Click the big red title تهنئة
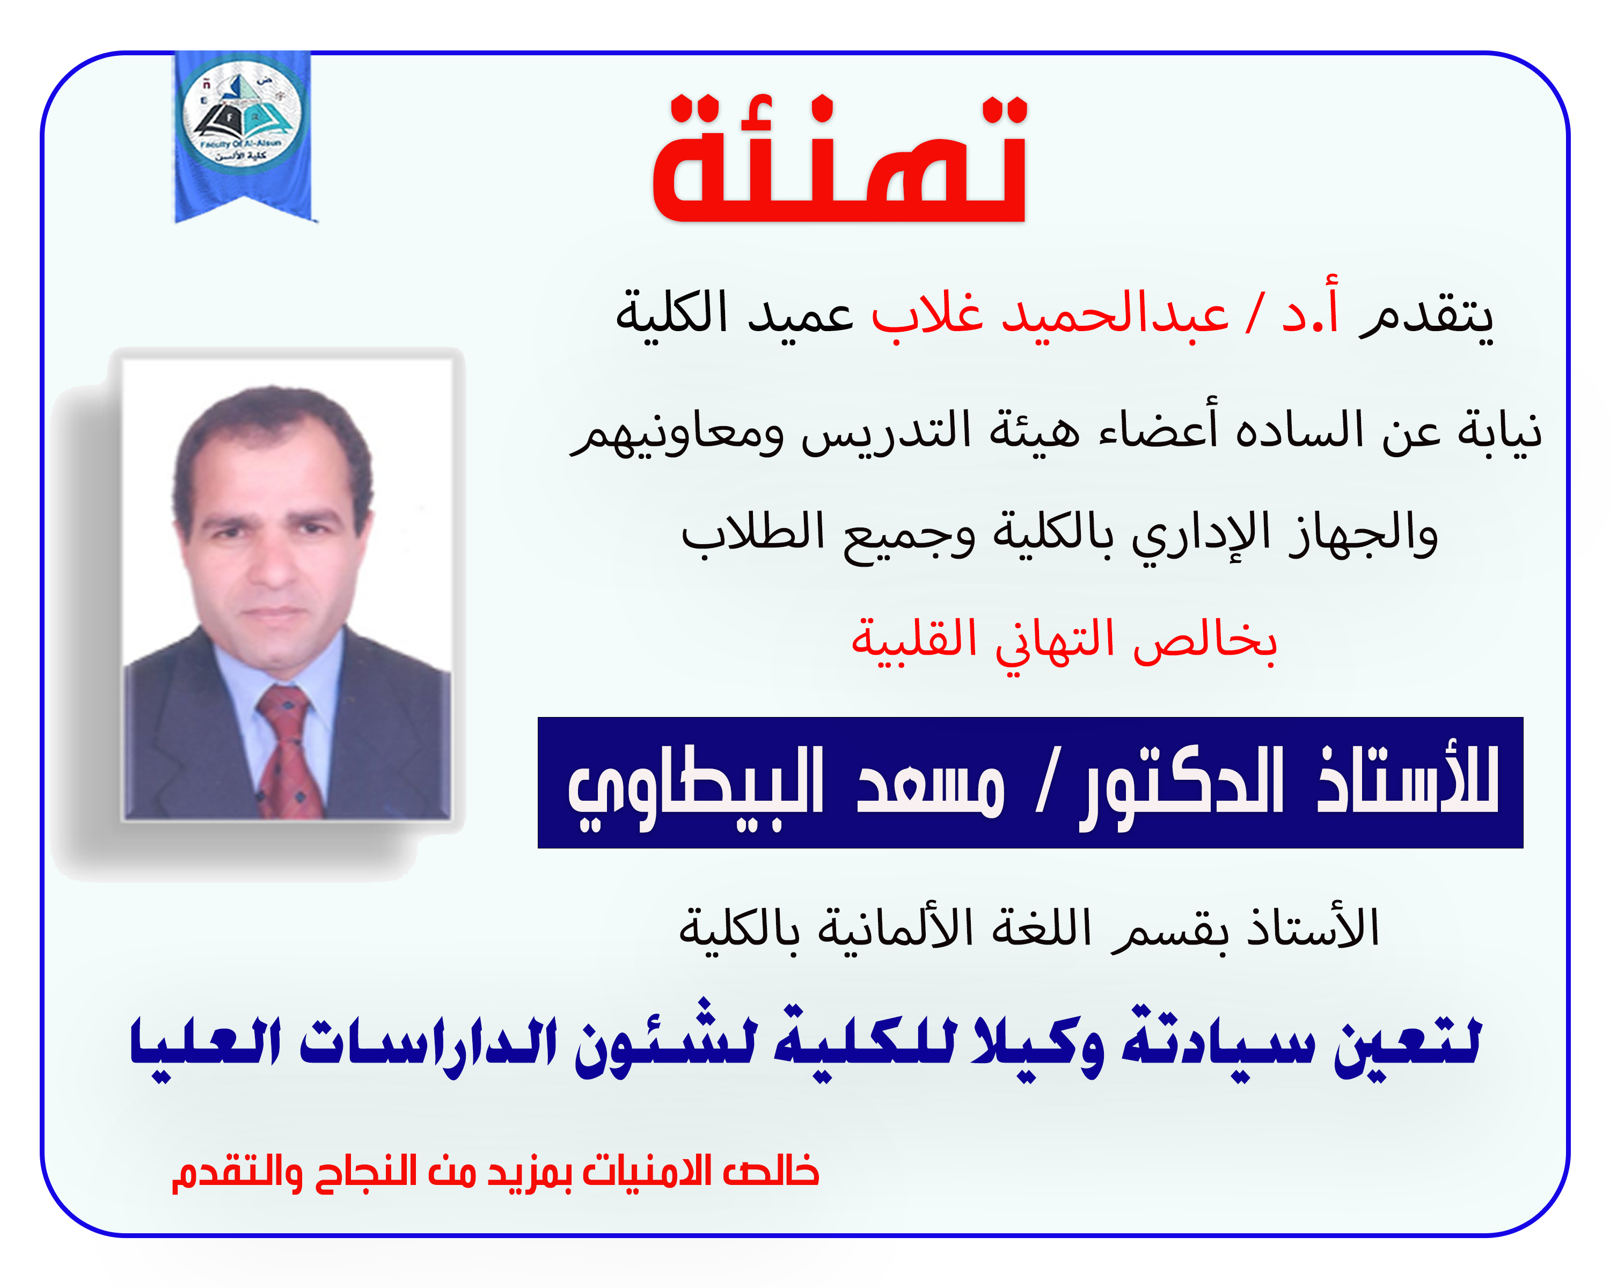click(x=840, y=160)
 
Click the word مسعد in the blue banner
click(x=930, y=785)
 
